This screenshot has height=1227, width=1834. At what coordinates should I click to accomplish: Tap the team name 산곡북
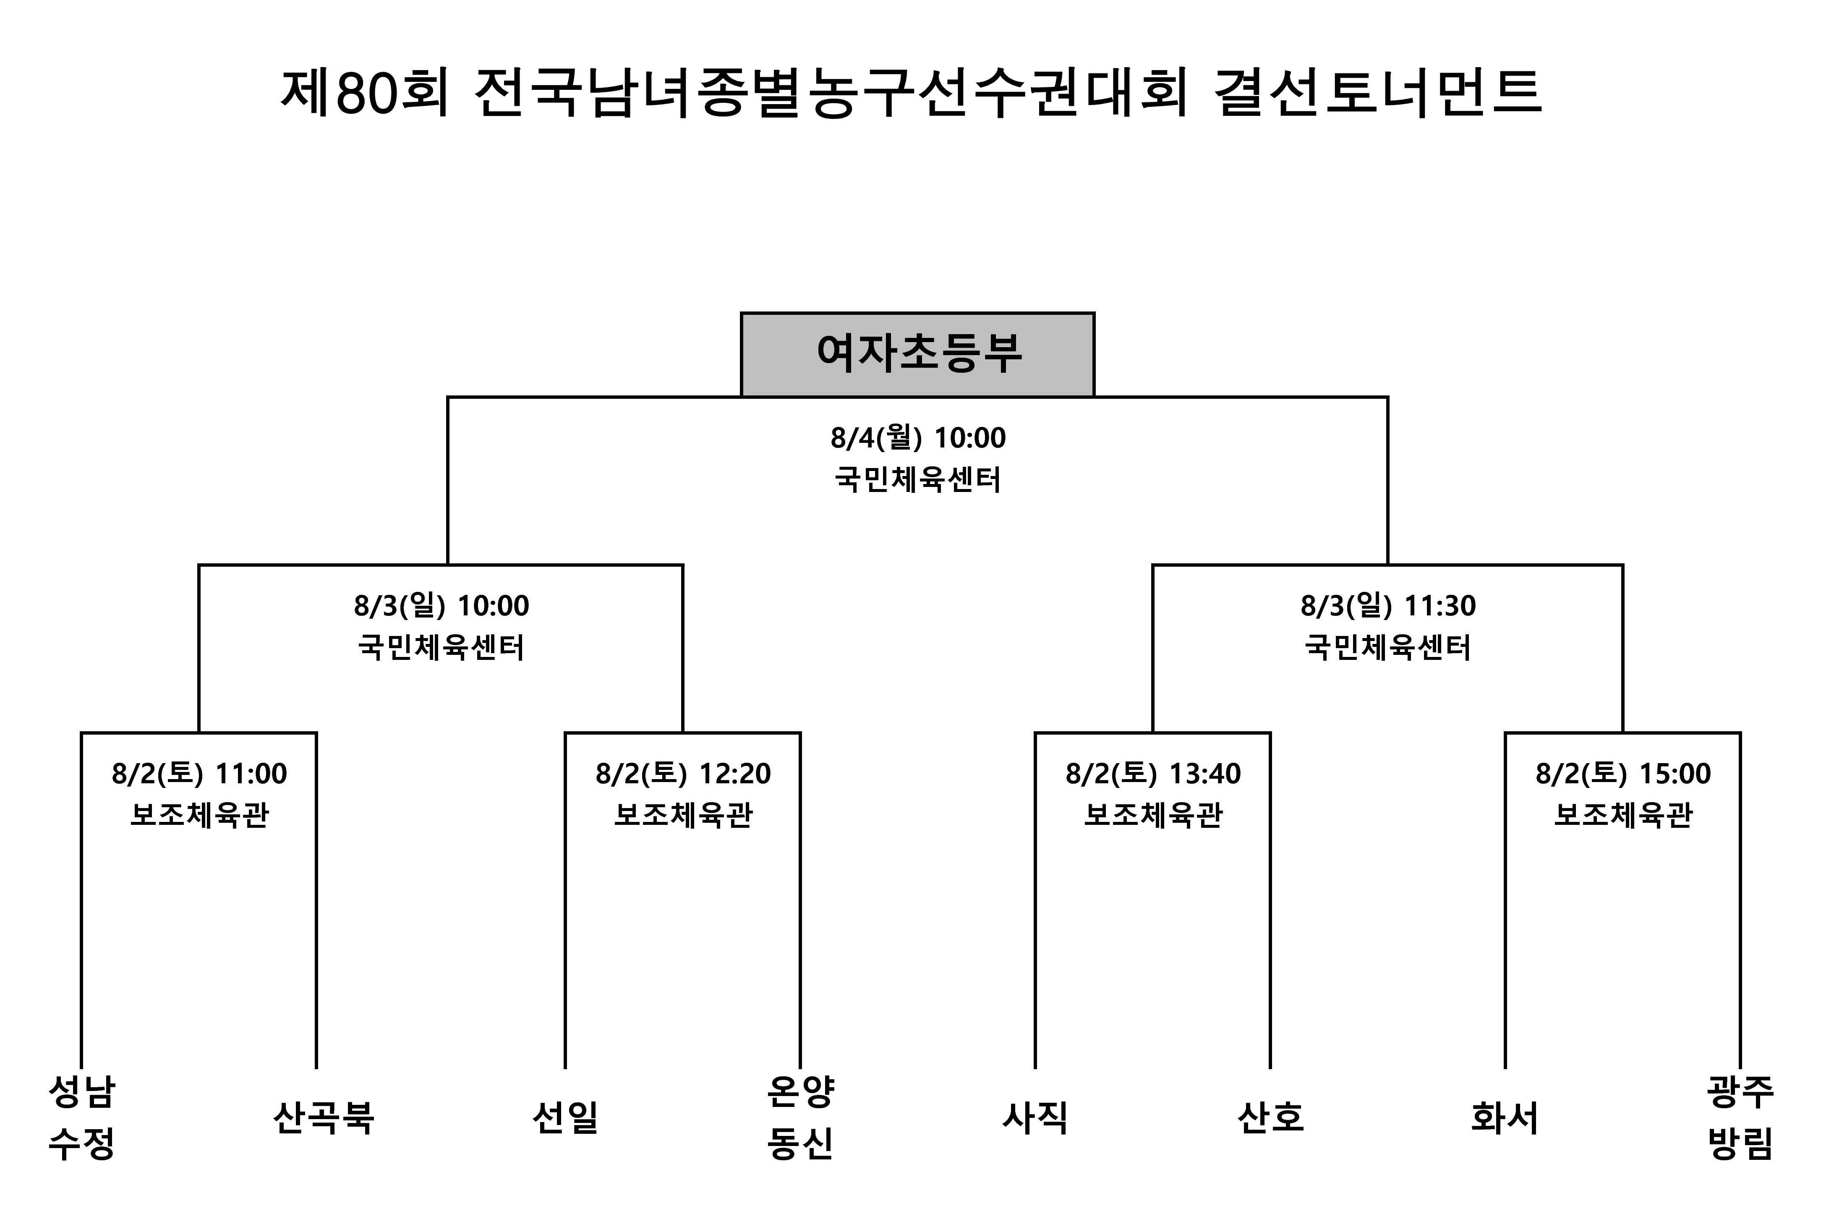(323, 1117)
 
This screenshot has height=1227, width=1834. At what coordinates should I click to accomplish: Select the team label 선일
(565, 1117)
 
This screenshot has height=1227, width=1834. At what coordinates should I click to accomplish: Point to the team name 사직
(1035, 1117)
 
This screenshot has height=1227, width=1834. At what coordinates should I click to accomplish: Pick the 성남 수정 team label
(81, 1117)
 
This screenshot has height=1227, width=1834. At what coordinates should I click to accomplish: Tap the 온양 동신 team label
(800, 1117)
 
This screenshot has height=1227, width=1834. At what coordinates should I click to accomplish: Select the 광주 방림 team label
(1740, 1117)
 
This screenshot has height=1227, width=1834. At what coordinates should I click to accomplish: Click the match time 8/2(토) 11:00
(199, 774)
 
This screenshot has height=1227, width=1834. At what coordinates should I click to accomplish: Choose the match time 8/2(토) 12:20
(683, 774)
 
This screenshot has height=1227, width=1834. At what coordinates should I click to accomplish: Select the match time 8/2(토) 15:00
(1623, 774)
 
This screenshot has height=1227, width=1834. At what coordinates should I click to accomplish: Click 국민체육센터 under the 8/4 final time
(918, 479)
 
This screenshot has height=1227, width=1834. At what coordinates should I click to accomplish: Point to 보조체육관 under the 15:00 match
(1623, 815)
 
